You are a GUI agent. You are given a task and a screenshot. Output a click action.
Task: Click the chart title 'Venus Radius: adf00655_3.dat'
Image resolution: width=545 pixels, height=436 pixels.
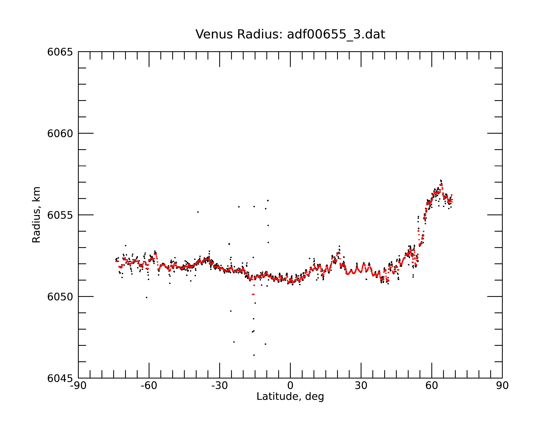click(x=290, y=34)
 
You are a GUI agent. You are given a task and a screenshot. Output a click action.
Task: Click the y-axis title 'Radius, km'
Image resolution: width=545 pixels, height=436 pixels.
click(x=36, y=215)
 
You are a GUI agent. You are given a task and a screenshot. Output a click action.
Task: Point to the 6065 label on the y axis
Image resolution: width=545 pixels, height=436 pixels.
click(x=60, y=52)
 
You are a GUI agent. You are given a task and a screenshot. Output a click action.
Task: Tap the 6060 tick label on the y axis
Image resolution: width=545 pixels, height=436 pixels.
click(x=60, y=133)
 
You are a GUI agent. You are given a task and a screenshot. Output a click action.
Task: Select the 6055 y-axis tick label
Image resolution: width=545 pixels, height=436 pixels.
click(x=60, y=215)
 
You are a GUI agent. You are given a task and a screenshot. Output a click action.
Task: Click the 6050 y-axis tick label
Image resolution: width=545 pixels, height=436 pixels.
click(x=60, y=297)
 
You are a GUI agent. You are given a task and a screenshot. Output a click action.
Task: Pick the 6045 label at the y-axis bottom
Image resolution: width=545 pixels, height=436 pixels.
click(x=60, y=378)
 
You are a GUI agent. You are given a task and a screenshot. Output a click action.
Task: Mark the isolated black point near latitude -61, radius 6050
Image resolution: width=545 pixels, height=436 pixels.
click(x=147, y=297)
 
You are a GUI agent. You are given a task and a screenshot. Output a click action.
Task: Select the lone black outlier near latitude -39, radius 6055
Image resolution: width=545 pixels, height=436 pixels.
click(x=198, y=212)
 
